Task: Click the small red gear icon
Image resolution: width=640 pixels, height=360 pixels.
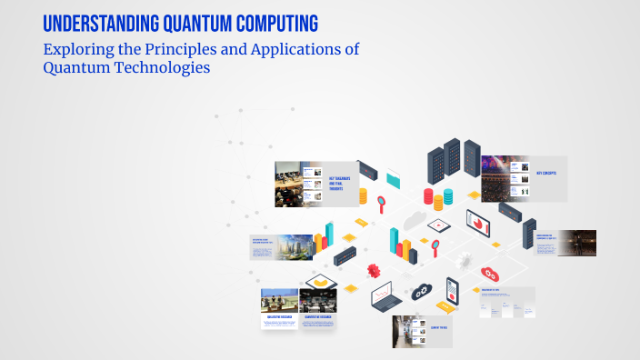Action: click(373, 269)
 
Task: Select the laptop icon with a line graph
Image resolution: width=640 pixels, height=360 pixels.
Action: click(385, 296)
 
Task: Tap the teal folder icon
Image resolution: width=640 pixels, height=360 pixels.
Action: click(394, 177)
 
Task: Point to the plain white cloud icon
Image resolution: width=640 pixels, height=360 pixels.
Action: click(416, 217)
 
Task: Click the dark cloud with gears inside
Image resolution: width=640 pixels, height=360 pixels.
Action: click(422, 291)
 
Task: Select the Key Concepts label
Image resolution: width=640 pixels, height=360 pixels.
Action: click(545, 172)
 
